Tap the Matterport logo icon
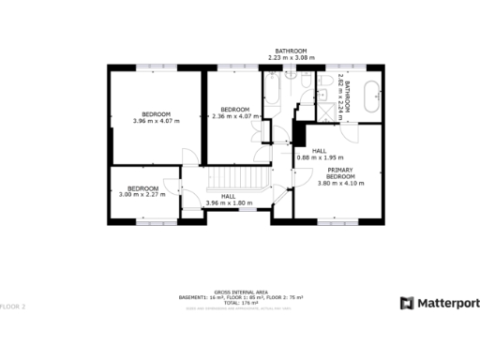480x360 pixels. (407, 303)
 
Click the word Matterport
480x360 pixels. (447, 303)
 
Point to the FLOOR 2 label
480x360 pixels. (13, 307)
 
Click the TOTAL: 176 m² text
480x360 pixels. (240, 303)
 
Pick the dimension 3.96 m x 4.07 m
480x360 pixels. (156, 121)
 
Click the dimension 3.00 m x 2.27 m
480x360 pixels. (142, 194)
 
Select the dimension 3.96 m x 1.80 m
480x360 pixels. (229, 202)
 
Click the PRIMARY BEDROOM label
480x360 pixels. (340, 172)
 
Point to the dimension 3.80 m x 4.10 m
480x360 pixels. (340, 183)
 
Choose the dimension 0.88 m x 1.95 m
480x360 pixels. (320, 157)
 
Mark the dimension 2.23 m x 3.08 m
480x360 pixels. (291, 57)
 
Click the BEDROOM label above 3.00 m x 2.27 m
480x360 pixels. (142, 187)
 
